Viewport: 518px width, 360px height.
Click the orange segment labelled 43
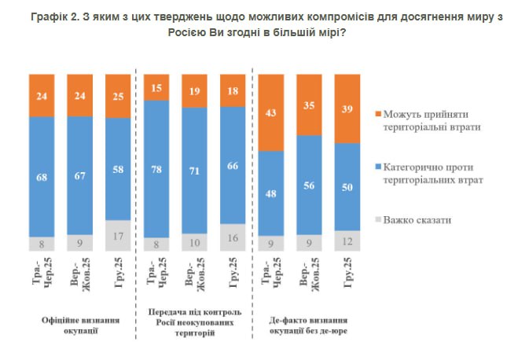[x=271, y=112]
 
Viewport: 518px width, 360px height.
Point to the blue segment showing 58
[x=118, y=169]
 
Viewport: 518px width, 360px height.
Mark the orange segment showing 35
[x=310, y=105]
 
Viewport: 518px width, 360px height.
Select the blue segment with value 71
[x=194, y=170]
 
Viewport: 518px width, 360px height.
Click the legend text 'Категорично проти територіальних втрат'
[x=432, y=173]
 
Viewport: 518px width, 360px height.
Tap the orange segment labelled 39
[x=347, y=108]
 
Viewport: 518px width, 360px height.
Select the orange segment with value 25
[x=118, y=96]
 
